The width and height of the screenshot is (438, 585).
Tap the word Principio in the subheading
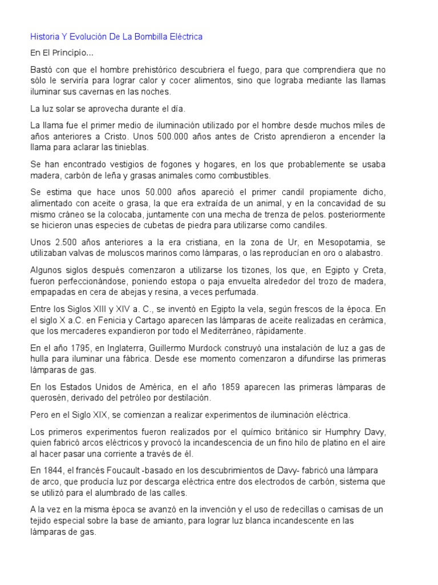pyautogui.click(x=72, y=53)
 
